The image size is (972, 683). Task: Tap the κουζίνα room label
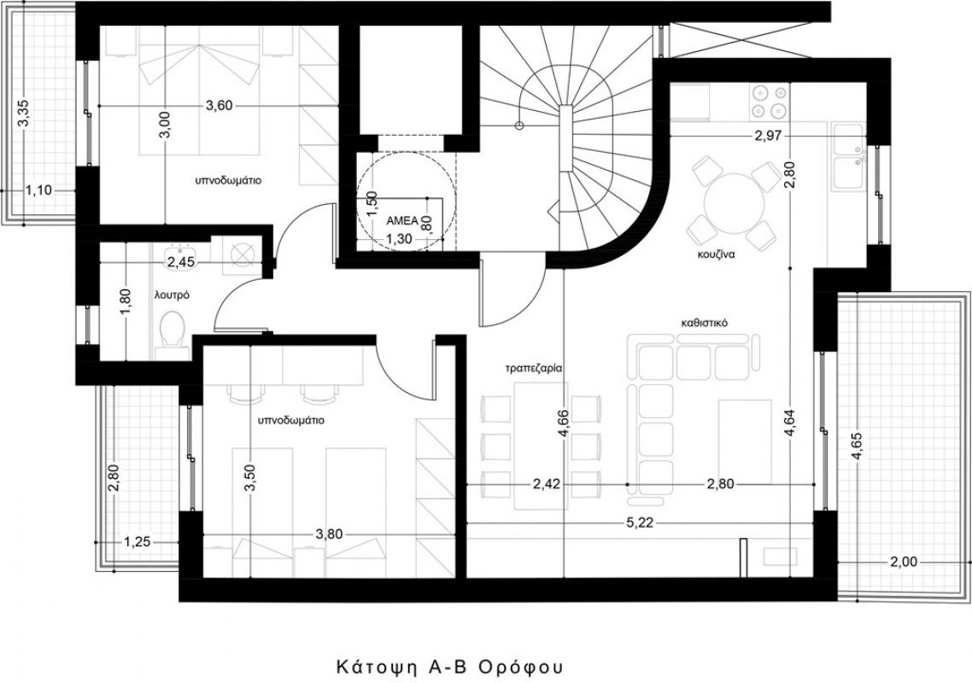[x=716, y=254]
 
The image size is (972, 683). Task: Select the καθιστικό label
[x=704, y=323]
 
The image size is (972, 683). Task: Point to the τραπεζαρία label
[x=533, y=367]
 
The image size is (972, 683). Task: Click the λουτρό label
[x=172, y=295]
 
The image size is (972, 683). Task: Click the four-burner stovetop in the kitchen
[x=769, y=102]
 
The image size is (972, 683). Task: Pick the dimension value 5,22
[x=641, y=523]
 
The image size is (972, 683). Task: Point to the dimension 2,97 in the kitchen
[x=768, y=136]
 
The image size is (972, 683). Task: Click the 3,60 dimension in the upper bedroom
[x=219, y=106]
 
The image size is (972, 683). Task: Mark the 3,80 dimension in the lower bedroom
[x=329, y=534]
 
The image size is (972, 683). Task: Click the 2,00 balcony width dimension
[x=903, y=562]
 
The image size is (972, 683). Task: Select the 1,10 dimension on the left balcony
[x=39, y=190]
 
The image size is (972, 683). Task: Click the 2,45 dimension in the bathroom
[x=182, y=262]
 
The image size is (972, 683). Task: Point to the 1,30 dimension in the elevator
[x=399, y=238]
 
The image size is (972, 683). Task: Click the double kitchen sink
[x=849, y=156]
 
